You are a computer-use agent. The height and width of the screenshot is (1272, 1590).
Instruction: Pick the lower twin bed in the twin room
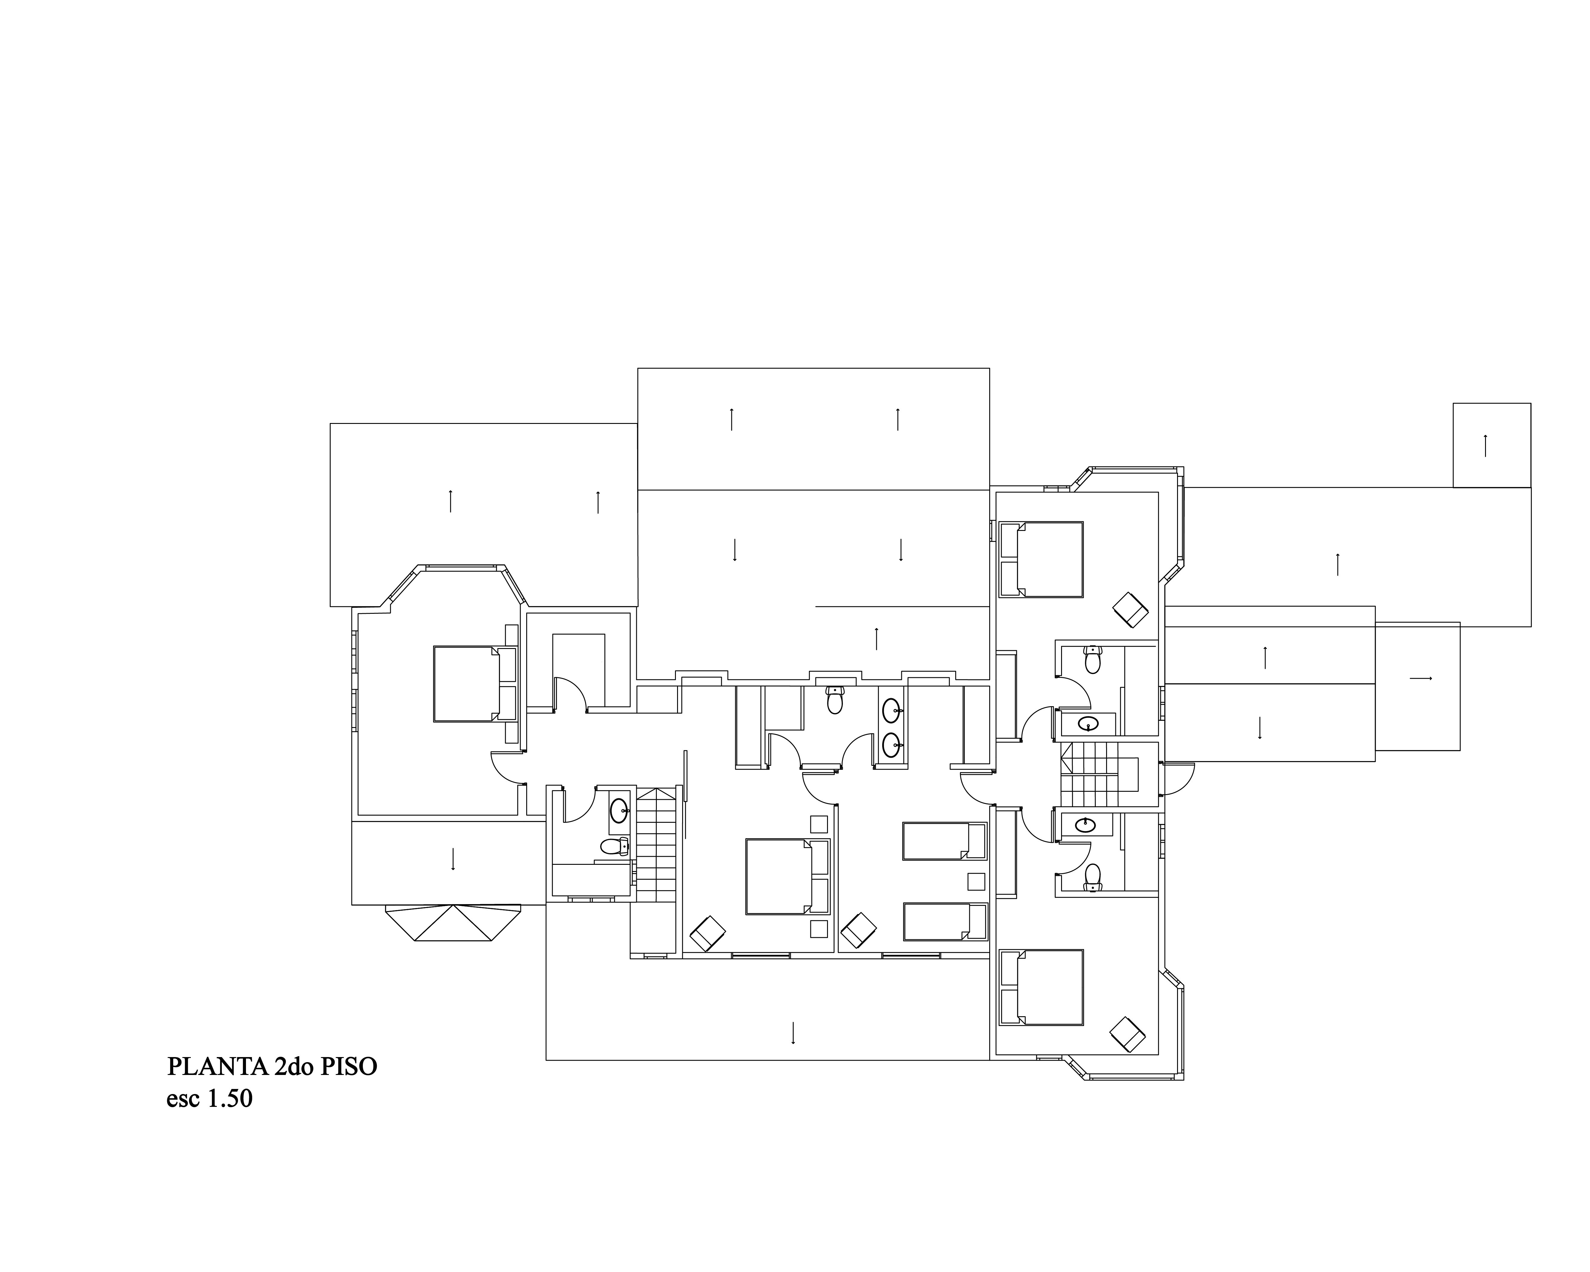[945, 922]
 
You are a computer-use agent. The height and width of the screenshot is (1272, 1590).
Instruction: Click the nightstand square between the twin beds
[976, 882]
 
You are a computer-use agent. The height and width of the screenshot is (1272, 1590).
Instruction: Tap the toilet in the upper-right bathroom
[1092, 659]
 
